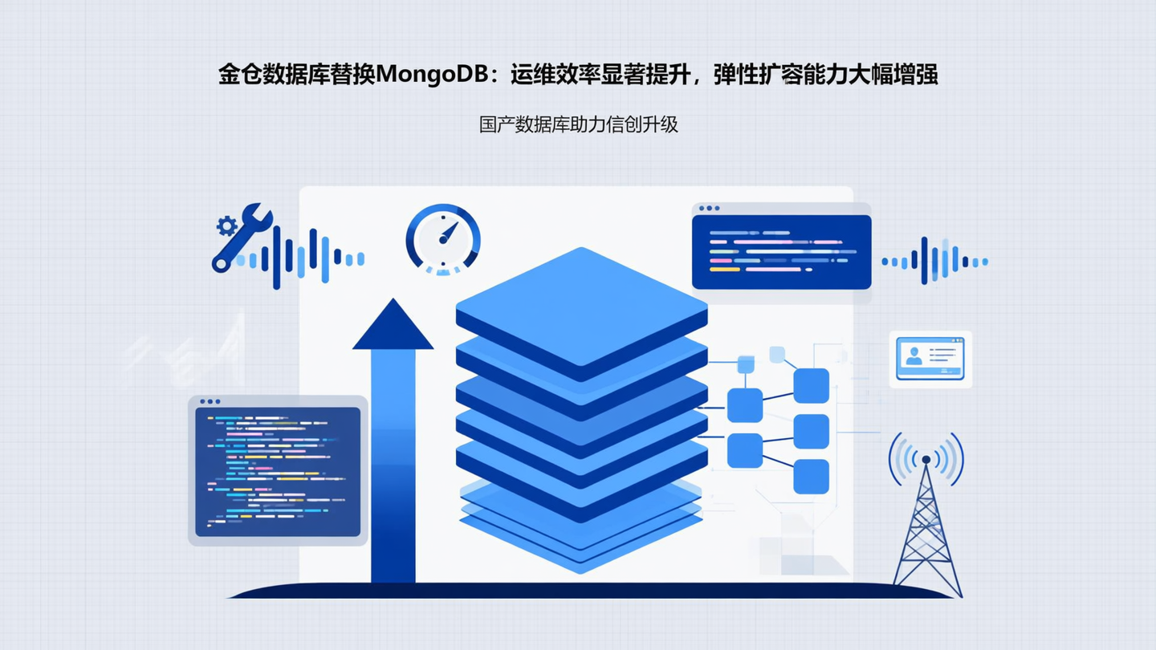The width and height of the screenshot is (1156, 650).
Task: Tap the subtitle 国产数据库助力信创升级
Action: pos(578,125)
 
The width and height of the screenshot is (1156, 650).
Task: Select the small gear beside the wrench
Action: pos(226,225)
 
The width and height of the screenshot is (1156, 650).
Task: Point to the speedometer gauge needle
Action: pos(447,234)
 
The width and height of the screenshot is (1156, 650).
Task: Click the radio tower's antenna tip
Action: pos(926,460)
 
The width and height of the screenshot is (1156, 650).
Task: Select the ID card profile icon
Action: pos(914,355)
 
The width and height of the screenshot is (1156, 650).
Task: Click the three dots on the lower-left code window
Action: pos(210,401)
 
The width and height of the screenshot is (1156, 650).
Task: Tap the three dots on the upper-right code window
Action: pos(709,208)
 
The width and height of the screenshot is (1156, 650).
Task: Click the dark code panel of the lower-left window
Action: pos(278,472)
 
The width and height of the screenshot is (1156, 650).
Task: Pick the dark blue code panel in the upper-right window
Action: pos(781,252)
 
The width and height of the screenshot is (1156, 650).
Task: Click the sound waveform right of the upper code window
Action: pos(934,261)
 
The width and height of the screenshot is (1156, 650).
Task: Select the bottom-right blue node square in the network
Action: pos(811,477)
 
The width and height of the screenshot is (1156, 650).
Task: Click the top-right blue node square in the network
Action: pos(811,385)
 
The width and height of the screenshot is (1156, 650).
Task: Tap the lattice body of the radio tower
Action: pos(926,538)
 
